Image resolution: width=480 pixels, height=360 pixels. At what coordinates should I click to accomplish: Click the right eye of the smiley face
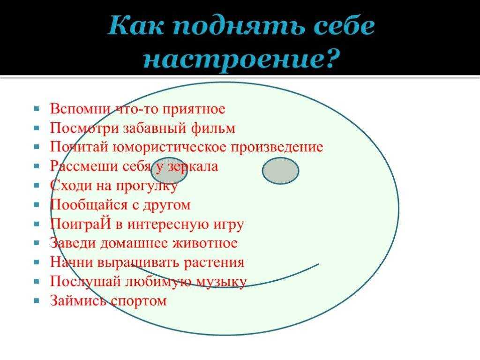pyautogui.click(x=280, y=171)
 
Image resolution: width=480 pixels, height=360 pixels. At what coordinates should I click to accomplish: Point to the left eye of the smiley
pyautogui.click(x=169, y=171)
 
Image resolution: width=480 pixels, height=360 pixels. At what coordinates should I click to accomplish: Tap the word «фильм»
pyautogui.click(x=213, y=128)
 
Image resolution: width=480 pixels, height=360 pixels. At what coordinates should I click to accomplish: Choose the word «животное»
pyautogui.click(x=205, y=243)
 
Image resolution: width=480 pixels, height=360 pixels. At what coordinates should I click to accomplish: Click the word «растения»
pyautogui.click(x=214, y=263)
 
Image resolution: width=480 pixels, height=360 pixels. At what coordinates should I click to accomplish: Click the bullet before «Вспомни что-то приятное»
pyautogui.click(x=37, y=109)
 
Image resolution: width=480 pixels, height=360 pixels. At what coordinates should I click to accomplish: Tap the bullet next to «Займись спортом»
pyautogui.click(x=37, y=300)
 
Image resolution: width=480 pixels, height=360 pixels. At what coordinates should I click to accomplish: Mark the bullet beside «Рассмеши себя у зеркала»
pyautogui.click(x=37, y=166)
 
